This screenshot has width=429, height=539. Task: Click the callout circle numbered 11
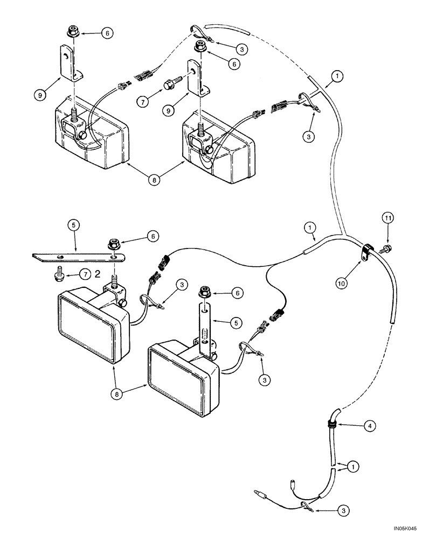[x=389, y=218]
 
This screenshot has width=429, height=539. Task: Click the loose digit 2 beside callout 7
[x=97, y=274]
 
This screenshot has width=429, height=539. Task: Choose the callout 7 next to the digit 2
[x=85, y=274]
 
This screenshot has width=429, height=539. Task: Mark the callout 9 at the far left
[x=40, y=95]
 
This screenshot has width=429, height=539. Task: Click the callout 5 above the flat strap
[x=75, y=222]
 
